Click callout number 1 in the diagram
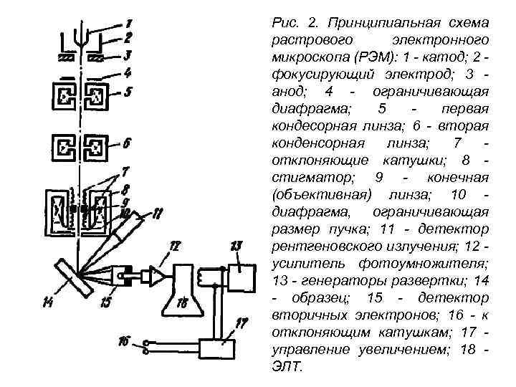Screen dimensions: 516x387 [128, 24]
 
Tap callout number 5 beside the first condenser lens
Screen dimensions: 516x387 [128, 92]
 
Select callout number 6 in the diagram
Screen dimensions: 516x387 [127, 143]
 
